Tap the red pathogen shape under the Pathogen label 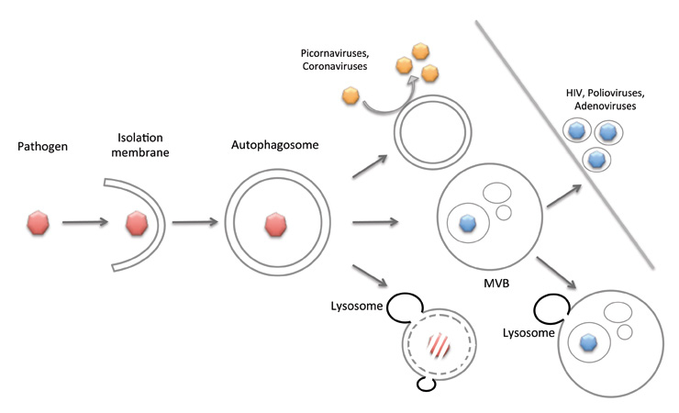coord(39,222)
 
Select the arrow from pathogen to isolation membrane coord(88,222)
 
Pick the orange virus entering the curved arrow coord(350,95)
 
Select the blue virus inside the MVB coord(468,221)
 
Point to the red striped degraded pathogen coord(438,346)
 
